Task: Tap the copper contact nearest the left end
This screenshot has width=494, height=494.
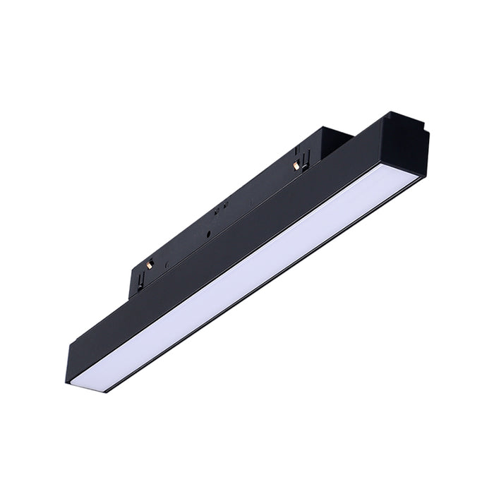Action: [150, 264]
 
